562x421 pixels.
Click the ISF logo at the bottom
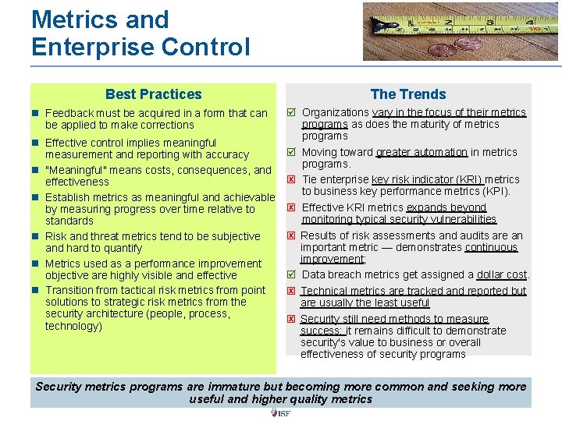280,413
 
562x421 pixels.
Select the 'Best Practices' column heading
153,94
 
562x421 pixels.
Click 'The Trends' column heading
408,94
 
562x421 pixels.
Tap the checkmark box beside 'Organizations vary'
290,113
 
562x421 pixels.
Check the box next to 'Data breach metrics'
290,274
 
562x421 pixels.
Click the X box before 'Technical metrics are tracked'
290,291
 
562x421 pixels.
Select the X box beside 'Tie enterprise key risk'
290,180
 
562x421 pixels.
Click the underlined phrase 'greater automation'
421,153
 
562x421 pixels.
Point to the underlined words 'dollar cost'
502,274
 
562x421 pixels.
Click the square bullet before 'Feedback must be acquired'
36,114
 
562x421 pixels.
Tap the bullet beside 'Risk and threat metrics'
36,237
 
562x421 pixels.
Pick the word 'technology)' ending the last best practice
73,326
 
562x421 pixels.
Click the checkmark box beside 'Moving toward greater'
290,153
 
